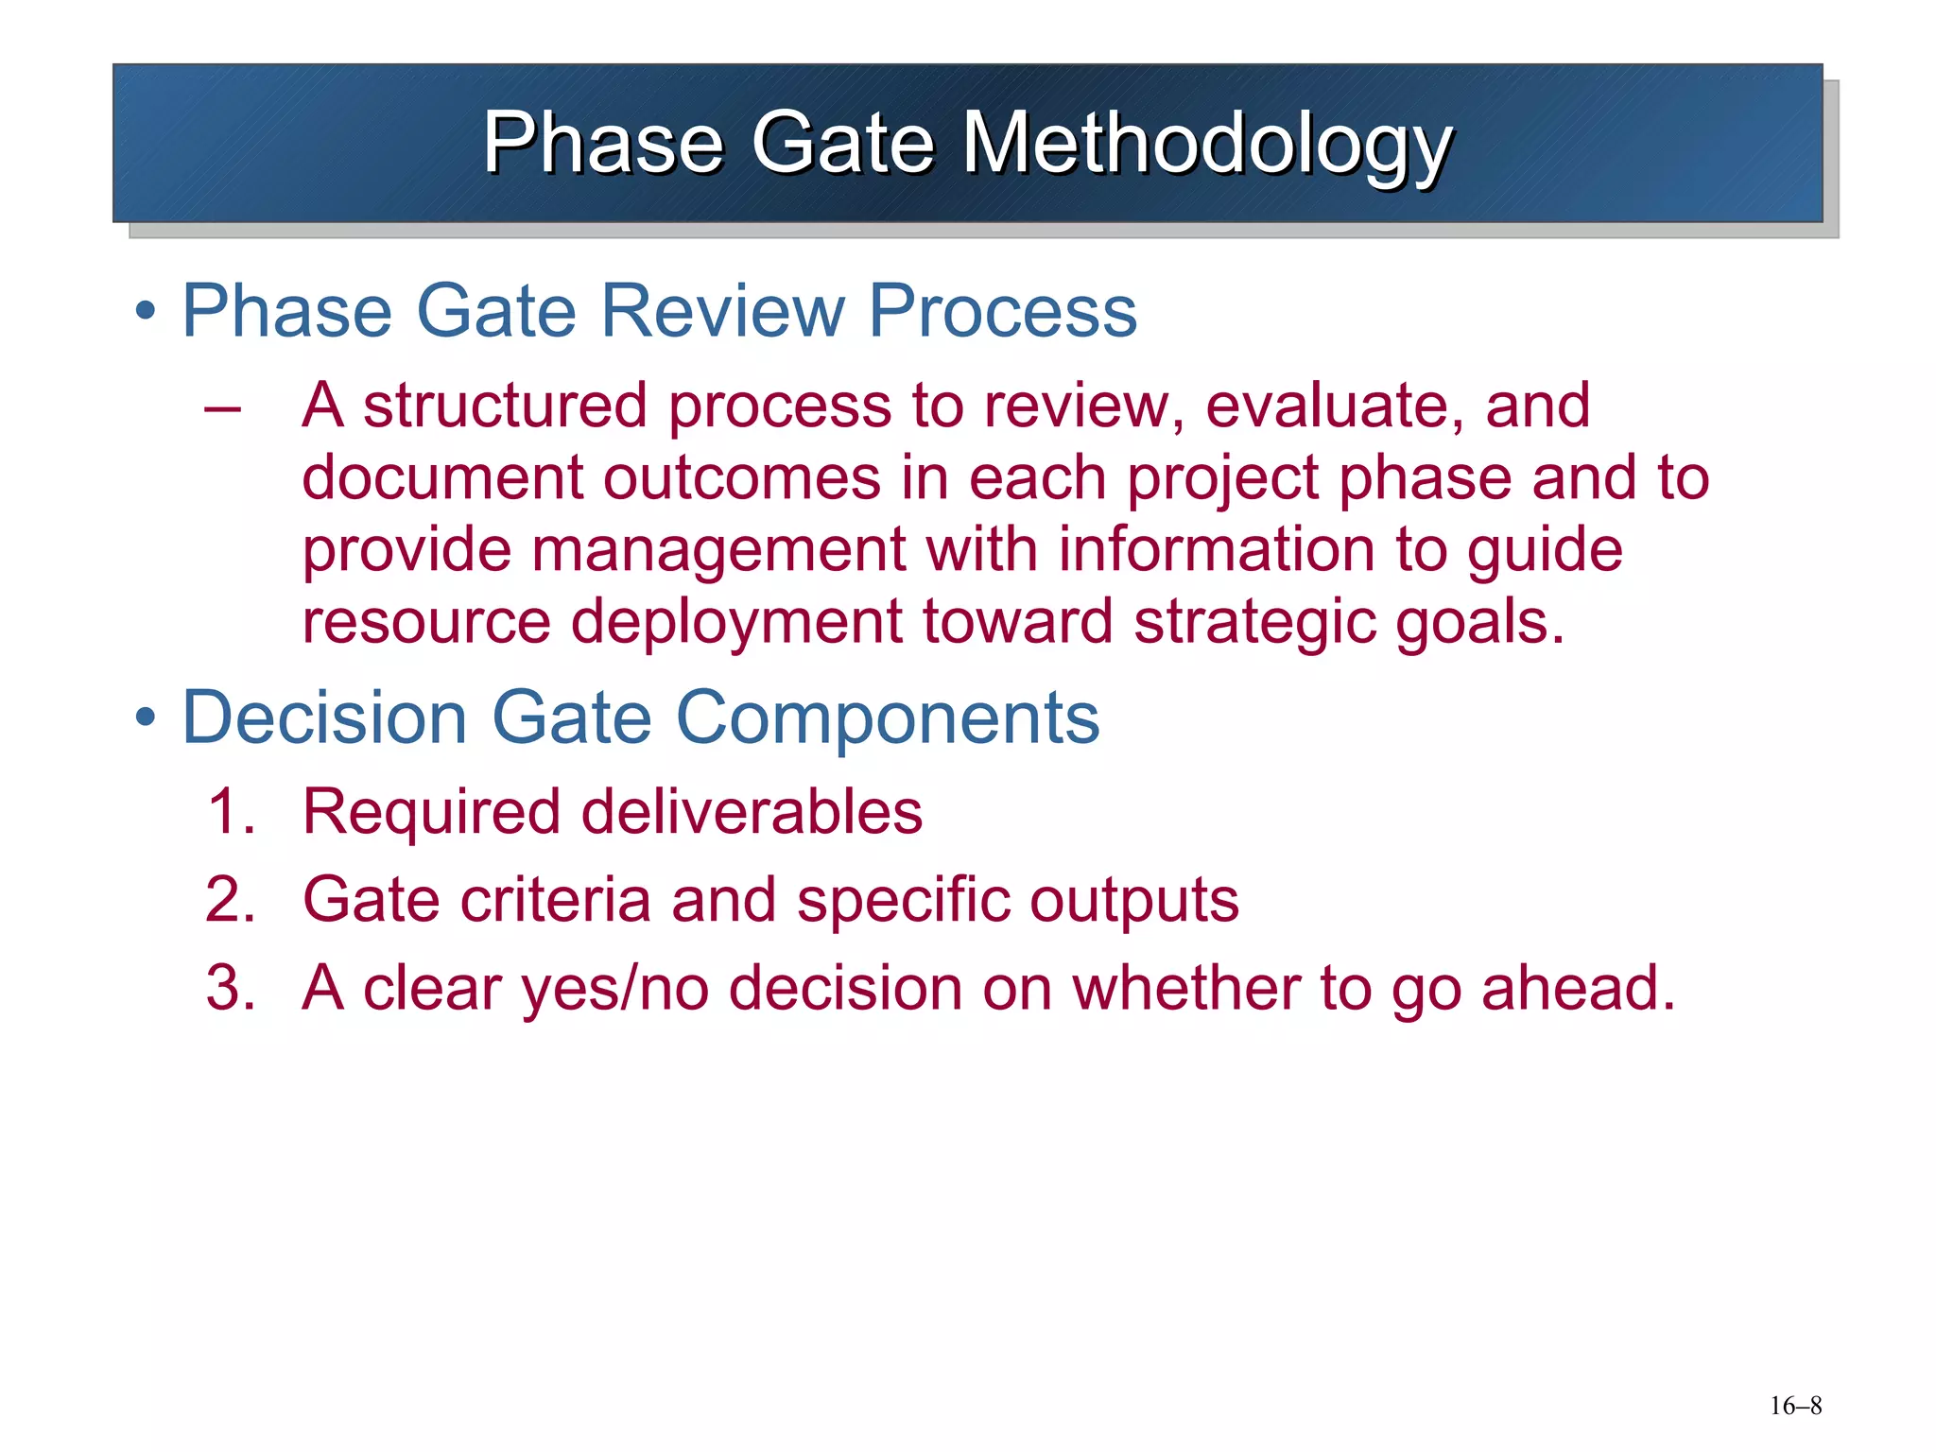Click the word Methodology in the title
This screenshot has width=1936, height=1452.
(x=1207, y=144)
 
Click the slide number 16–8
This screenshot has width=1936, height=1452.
(x=1795, y=1406)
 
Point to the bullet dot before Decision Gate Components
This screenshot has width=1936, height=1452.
(x=145, y=718)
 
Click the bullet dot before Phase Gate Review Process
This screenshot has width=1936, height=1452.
(x=145, y=311)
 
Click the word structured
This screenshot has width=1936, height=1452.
(x=505, y=406)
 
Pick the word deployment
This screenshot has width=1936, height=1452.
(x=736, y=623)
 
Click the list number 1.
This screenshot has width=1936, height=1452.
(x=230, y=812)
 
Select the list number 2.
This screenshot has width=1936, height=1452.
(x=230, y=900)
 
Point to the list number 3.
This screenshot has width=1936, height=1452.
(x=230, y=988)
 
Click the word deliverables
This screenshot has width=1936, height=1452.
(x=752, y=812)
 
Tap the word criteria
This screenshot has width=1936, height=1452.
(x=556, y=900)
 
